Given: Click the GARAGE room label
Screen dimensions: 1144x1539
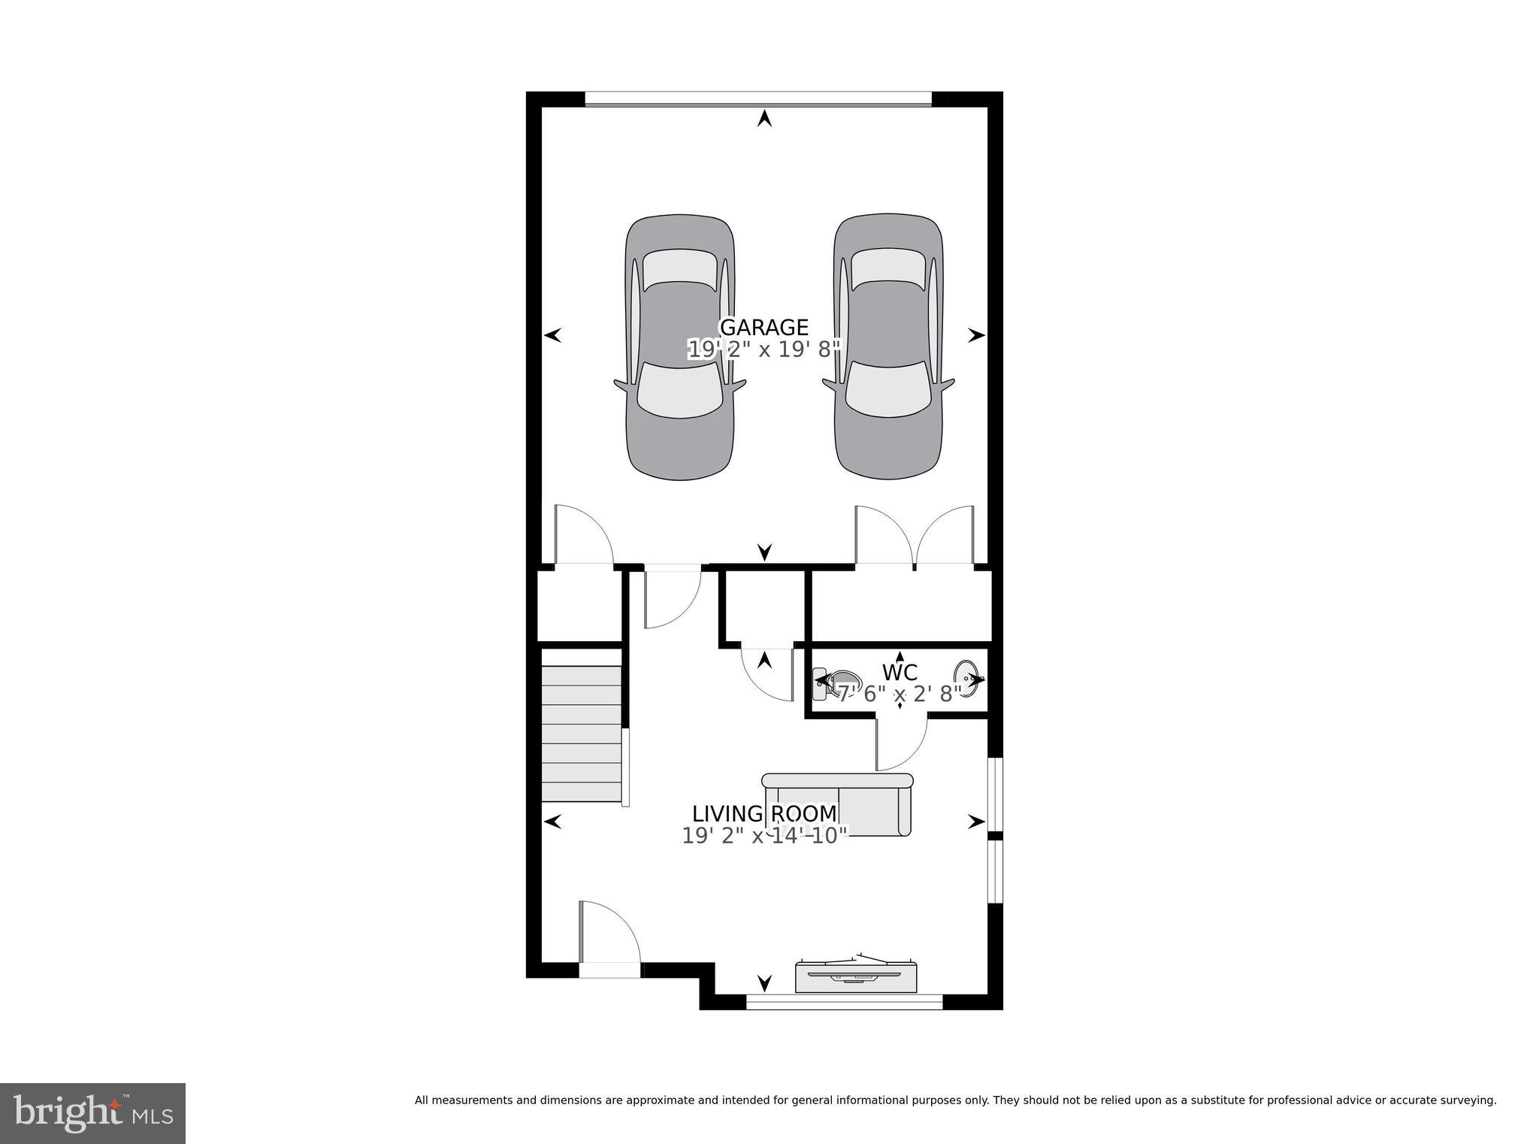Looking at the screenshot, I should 763,328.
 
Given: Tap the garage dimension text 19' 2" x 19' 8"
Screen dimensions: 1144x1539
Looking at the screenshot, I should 763,350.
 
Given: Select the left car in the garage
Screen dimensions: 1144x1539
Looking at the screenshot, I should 679,348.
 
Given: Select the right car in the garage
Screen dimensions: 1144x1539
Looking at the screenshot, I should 888,348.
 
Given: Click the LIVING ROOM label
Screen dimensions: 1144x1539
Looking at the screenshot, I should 763,814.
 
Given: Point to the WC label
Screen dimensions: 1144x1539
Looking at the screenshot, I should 900,672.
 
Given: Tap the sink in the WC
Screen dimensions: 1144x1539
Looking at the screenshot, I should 967,678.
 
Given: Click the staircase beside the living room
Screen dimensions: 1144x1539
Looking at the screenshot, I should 582,734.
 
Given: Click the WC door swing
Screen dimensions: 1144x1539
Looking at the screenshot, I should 900,744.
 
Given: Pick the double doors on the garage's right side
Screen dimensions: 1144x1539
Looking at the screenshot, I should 915,537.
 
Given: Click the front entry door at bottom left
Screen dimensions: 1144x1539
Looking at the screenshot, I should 609,936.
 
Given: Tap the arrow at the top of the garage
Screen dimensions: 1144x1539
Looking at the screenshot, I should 764,118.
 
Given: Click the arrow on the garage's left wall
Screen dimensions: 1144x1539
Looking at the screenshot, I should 553,335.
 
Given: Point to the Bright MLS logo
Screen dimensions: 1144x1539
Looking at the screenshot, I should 92,1112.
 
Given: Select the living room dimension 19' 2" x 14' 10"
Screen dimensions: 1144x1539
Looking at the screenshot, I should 764,836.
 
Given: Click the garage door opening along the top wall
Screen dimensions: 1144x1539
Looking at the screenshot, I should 757,98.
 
